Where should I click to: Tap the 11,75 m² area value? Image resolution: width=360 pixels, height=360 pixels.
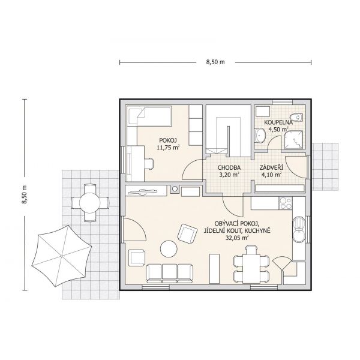point(167,148)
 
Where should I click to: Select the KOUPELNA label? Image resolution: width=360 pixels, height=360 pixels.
point(278,122)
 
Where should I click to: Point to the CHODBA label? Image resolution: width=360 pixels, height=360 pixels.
point(229,167)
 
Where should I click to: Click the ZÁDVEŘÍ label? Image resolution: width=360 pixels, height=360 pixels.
point(271,167)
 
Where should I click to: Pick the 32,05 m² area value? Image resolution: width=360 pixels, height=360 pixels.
point(237,238)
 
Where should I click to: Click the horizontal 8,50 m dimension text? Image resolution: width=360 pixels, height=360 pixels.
point(215,62)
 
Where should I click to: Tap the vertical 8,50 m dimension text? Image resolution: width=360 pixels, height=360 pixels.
point(25,194)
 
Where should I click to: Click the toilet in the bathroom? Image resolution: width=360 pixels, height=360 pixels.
point(296,118)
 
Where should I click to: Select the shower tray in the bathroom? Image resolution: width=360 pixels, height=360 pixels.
point(293,140)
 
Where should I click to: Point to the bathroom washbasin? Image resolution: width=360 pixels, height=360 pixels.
point(260,136)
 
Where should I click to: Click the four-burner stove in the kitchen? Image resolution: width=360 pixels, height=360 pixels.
point(286,203)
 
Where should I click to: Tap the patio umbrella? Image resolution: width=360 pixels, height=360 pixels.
point(62,256)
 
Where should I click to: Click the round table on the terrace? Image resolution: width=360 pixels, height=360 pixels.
point(90,203)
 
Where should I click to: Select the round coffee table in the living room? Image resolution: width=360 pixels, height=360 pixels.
point(169,248)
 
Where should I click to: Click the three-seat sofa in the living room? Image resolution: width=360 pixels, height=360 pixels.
point(169,273)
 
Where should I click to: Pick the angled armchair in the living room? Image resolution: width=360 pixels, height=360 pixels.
point(187,234)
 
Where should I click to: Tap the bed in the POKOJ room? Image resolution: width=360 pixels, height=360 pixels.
point(149,116)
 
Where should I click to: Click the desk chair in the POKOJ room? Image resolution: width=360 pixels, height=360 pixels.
point(149,164)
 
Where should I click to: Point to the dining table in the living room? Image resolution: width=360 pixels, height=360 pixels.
point(251,268)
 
